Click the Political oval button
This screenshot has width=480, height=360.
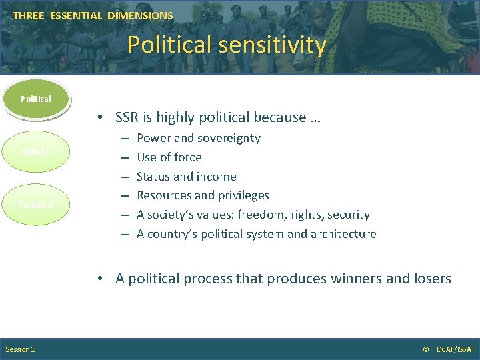pyautogui.click(x=36, y=99)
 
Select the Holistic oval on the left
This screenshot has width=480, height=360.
pyautogui.click(x=36, y=151)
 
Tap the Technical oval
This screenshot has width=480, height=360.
pyautogui.click(x=36, y=205)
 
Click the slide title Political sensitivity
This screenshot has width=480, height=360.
pyautogui.click(x=227, y=45)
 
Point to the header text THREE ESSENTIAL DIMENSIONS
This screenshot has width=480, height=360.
pyautogui.click(x=93, y=15)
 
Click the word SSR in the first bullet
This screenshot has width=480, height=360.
pyautogui.click(x=128, y=117)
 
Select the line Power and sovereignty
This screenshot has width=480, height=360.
pyautogui.click(x=198, y=138)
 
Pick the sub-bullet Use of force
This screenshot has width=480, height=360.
pyautogui.click(x=169, y=157)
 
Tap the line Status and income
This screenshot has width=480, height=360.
pyautogui.click(x=186, y=177)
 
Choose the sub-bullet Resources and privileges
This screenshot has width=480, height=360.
pyautogui.click(x=203, y=195)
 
